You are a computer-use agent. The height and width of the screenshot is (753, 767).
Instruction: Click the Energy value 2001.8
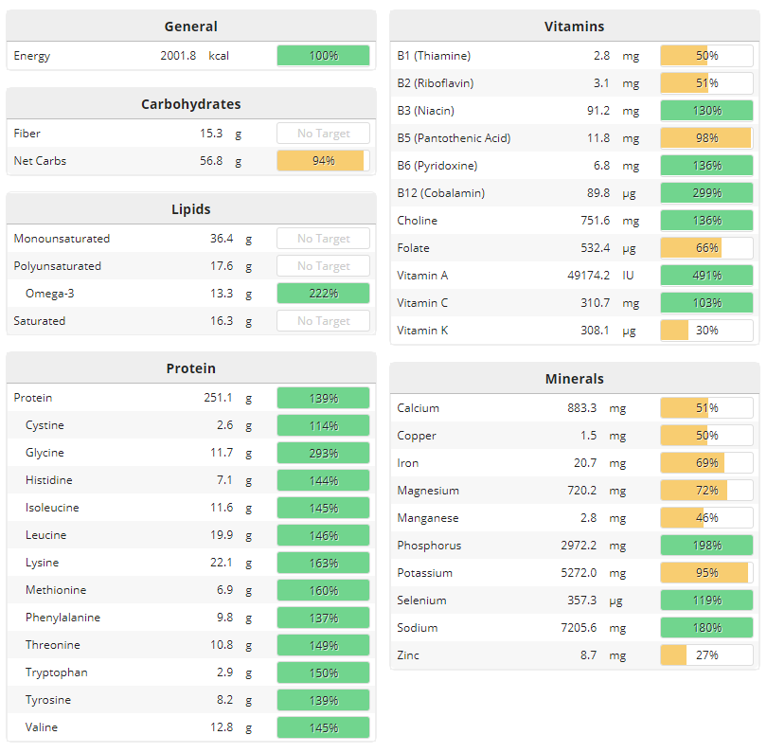coord(178,56)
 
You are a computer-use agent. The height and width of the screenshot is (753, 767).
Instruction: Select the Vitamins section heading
coord(574,27)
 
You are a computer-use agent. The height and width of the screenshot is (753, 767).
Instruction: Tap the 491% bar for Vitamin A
coord(706,276)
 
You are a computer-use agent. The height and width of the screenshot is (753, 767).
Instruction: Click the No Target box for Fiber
coord(323,134)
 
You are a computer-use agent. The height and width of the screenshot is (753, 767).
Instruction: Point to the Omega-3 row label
coord(50,294)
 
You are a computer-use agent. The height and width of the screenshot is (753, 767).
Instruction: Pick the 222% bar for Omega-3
coord(323,294)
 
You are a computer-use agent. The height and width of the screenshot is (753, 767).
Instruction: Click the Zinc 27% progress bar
coord(706,655)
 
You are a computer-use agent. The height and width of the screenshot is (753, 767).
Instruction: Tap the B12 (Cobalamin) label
coord(440,193)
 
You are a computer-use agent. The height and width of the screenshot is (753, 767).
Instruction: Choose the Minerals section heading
coord(574,379)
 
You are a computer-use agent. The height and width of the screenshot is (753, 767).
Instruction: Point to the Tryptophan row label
coord(57,672)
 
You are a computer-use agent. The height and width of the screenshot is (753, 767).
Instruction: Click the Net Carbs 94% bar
coord(323,161)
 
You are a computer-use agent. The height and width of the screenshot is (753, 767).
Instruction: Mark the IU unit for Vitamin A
coord(628,276)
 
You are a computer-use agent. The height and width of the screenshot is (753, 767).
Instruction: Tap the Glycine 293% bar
coord(323,453)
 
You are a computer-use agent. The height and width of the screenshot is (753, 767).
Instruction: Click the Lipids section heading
coord(191,209)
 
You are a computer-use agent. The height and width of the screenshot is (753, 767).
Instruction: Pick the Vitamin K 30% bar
coord(706,331)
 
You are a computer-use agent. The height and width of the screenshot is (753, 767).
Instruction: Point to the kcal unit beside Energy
coord(219,56)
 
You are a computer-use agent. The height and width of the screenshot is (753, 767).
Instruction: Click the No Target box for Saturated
coord(323,321)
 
